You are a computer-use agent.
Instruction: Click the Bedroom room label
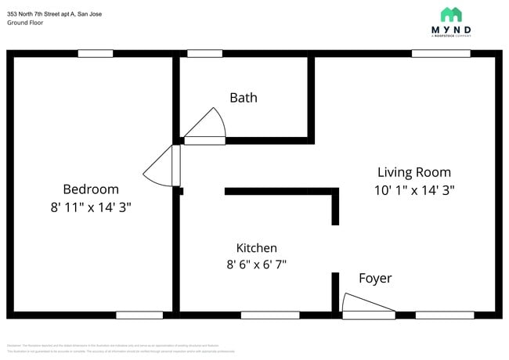point(91,189)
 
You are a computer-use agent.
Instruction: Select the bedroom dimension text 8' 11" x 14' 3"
point(91,208)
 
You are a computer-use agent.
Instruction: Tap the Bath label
point(243,98)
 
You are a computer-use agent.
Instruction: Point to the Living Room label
point(413,172)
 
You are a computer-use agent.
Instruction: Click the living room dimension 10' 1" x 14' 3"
point(413,190)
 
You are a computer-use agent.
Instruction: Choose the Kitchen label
point(256,247)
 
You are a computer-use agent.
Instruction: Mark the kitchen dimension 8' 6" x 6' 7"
point(251,265)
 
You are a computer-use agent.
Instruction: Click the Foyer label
point(375,279)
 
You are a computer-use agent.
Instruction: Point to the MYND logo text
point(451,30)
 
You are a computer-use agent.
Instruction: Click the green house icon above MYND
point(451,14)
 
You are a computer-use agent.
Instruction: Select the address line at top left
point(54,14)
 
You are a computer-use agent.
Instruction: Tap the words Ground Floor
point(25,23)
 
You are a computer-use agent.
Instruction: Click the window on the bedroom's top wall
point(95,53)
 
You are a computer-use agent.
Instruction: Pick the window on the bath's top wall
point(204,53)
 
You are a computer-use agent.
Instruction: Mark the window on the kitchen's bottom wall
point(258,315)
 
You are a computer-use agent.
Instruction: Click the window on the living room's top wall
point(435,53)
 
